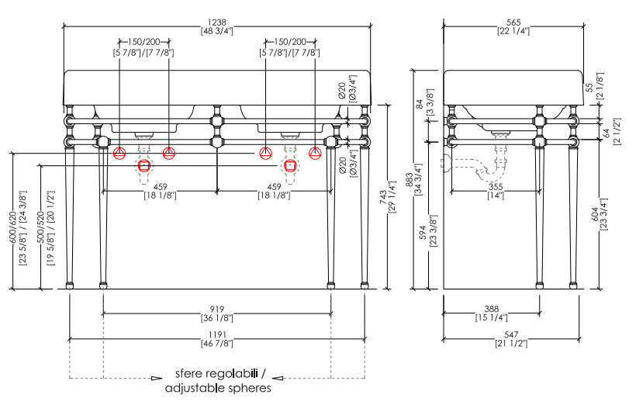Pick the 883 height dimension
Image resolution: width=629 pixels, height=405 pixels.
(x=411, y=179)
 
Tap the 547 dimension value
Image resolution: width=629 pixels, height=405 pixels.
(x=513, y=334)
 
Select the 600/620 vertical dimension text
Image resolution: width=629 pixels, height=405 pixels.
(x=12, y=220)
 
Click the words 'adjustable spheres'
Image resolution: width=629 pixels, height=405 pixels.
(x=218, y=388)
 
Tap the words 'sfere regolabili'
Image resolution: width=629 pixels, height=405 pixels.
(x=218, y=373)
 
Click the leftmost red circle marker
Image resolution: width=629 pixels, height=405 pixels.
(x=119, y=152)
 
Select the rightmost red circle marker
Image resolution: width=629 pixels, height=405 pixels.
(x=315, y=152)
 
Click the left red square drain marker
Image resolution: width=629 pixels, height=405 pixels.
(x=144, y=165)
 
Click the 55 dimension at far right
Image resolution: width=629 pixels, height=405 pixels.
(x=589, y=87)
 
